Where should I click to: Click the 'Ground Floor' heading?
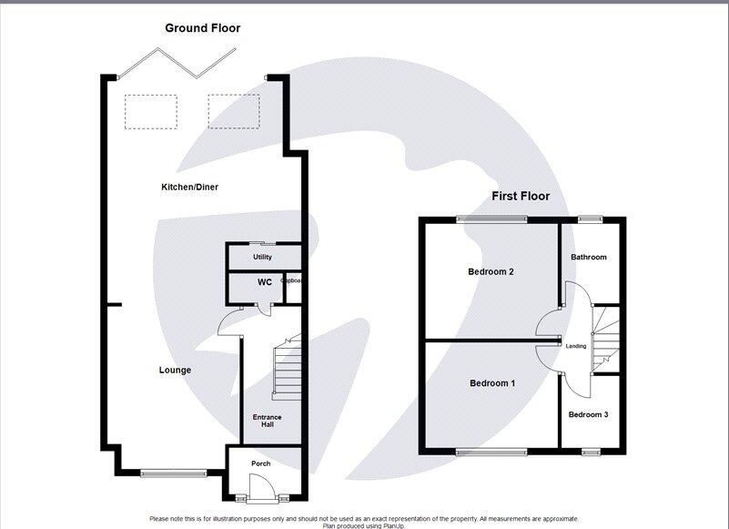tap(202, 28)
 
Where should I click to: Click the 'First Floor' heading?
tap(521, 196)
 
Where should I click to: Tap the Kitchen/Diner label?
tap(189, 187)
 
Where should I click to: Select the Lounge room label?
tap(175, 370)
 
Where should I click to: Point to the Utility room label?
tap(263, 257)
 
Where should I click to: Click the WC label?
tap(264, 282)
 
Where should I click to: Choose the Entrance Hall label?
tap(268, 422)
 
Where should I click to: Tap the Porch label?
tap(261, 463)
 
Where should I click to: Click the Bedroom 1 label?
tap(492, 383)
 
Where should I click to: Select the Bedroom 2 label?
tap(491, 271)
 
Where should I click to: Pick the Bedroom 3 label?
tap(588, 414)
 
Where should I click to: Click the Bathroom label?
tap(588, 257)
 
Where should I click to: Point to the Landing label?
tap(576, 346)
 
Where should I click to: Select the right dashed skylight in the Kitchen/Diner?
tap(233, 111)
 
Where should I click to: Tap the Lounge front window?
tap(173, 472)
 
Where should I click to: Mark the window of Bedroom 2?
tap(491, 219)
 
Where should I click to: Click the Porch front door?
tap(261, 498)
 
